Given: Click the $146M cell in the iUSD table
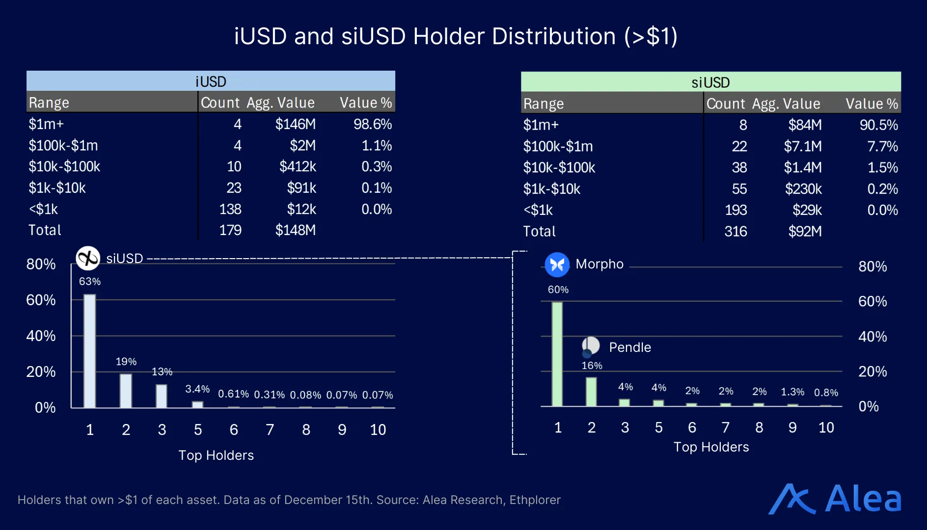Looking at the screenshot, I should (x=295, y=124).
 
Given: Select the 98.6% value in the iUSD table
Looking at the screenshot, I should (x=372, y=124).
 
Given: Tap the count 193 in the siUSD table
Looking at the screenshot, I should (x=736, y=210).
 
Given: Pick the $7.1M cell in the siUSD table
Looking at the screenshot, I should (x=802, y=146).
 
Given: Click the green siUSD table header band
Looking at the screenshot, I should (x=710, y=82).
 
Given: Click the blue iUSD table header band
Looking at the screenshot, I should (x=211, y=81).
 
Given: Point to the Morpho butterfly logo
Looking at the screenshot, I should (x=557, y=265).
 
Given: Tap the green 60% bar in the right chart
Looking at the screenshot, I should (x=557, y=354).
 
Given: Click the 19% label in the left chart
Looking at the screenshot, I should (x=126, y=362).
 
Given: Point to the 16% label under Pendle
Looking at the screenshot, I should (x=592, y=366).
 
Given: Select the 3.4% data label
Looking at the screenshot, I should (x=197, y=389).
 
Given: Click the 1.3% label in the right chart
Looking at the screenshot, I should (x=792, y=392).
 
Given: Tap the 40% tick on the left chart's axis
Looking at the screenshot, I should (x=41, y=336).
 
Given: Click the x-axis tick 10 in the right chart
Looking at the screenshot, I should (x=826, y=427).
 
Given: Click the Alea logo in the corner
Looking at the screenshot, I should (x=835, y=499).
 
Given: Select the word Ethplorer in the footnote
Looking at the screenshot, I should (x=535, y=500).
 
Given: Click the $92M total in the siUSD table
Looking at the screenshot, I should (x=804, y=231).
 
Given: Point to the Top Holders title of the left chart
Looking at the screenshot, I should (x=216, y=455).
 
